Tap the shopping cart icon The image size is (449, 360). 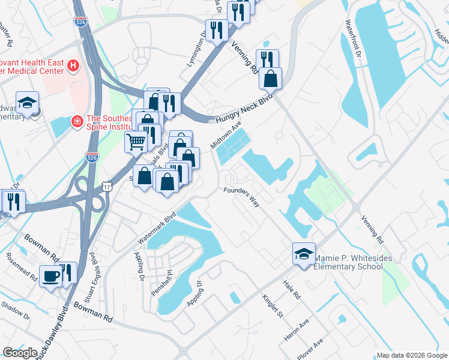coord(136,142)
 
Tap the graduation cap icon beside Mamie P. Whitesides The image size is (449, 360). coord(304,253)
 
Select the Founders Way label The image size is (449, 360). coord(241,197)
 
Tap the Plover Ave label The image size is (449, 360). coord(310,349)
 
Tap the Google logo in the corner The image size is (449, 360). coord(20,352)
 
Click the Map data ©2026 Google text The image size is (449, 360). coord(411,355)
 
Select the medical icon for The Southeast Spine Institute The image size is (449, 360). coord(77,122)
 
